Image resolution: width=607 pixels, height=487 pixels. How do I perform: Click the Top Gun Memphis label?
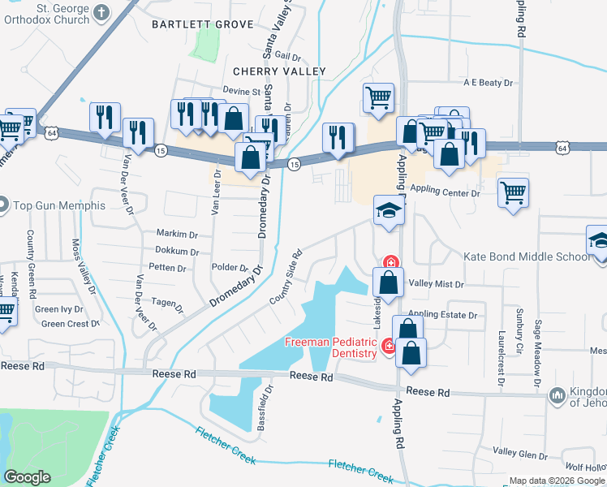point(58,205)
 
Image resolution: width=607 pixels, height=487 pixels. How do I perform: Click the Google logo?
point(27,477)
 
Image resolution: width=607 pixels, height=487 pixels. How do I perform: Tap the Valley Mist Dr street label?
point(436,284)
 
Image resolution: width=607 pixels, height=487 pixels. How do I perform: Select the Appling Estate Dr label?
point(442,314)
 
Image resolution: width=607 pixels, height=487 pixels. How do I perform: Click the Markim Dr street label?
point(173,234)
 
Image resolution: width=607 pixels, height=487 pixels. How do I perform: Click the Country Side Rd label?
point(286,278)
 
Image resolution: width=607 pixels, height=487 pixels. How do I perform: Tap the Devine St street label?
point(241,92)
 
